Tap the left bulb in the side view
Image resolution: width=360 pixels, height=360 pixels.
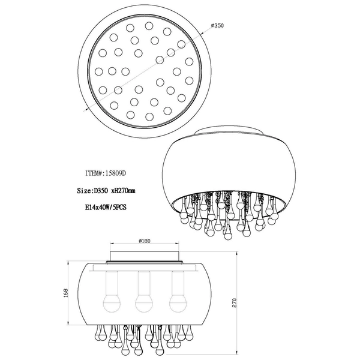click(110, 302)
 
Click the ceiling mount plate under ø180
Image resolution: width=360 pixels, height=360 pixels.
click(144, 257)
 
